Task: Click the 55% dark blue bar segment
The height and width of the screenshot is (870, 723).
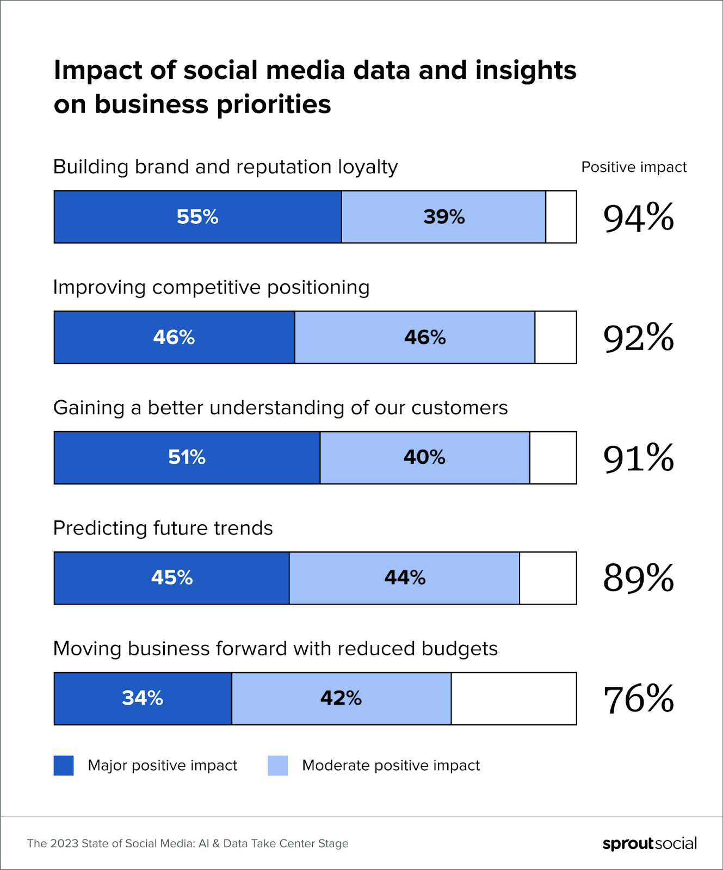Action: (x=197, y=217)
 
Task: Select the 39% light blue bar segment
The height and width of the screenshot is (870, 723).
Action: (x=443, y=217)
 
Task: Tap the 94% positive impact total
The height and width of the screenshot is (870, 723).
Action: (x=638, y=217)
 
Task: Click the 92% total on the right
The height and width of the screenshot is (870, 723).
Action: (x=638, y=338)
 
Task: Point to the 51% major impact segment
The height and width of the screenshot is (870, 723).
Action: (x=187, y=458)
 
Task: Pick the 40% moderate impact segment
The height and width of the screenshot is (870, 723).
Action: (x=424, y=458)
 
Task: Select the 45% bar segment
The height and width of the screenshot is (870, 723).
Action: (x=172, y=578)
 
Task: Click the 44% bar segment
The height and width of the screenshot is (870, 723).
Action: (x=404, y=578)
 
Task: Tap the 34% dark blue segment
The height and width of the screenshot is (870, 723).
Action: (x=143, y=699)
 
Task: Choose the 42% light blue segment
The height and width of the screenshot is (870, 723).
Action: (x=341, y=699)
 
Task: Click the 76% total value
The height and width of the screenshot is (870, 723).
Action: (x=638, y=699)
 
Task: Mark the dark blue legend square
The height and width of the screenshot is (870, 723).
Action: (x=64, y=766)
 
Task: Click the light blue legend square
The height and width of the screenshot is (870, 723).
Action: (x=277, y=766)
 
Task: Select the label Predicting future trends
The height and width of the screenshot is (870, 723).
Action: (x=163, y=528)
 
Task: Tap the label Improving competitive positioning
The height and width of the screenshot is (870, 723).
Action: (x=211, y=287)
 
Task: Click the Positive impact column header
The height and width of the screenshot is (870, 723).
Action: (x=634, y=167)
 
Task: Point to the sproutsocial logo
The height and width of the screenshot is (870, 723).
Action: (x=650, y=843)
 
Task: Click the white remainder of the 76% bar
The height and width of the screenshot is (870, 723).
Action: (x=514, y=699)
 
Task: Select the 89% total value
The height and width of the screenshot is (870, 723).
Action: (x=638, y=578)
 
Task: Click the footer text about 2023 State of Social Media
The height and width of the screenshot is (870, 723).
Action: (x=188, y=843)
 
